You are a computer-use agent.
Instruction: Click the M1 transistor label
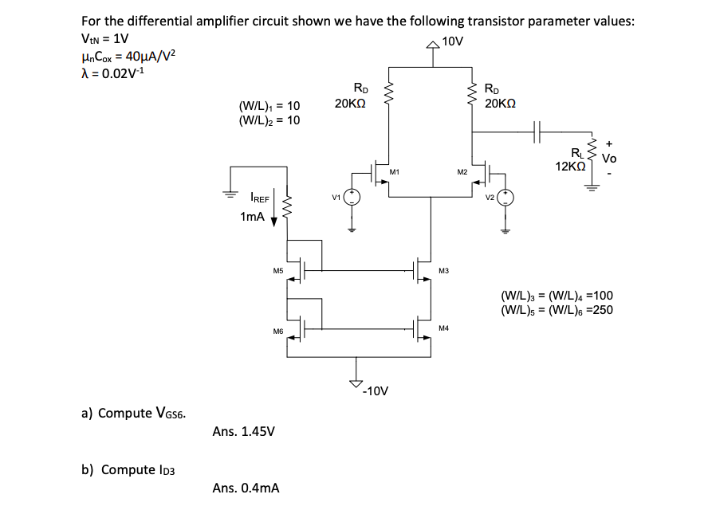394,172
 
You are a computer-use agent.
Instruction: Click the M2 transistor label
462,172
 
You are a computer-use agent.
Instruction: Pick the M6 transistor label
278,331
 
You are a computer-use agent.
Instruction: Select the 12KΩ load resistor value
571,167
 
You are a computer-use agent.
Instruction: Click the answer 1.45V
244,432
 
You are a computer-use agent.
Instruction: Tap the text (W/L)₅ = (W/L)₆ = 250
557,310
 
